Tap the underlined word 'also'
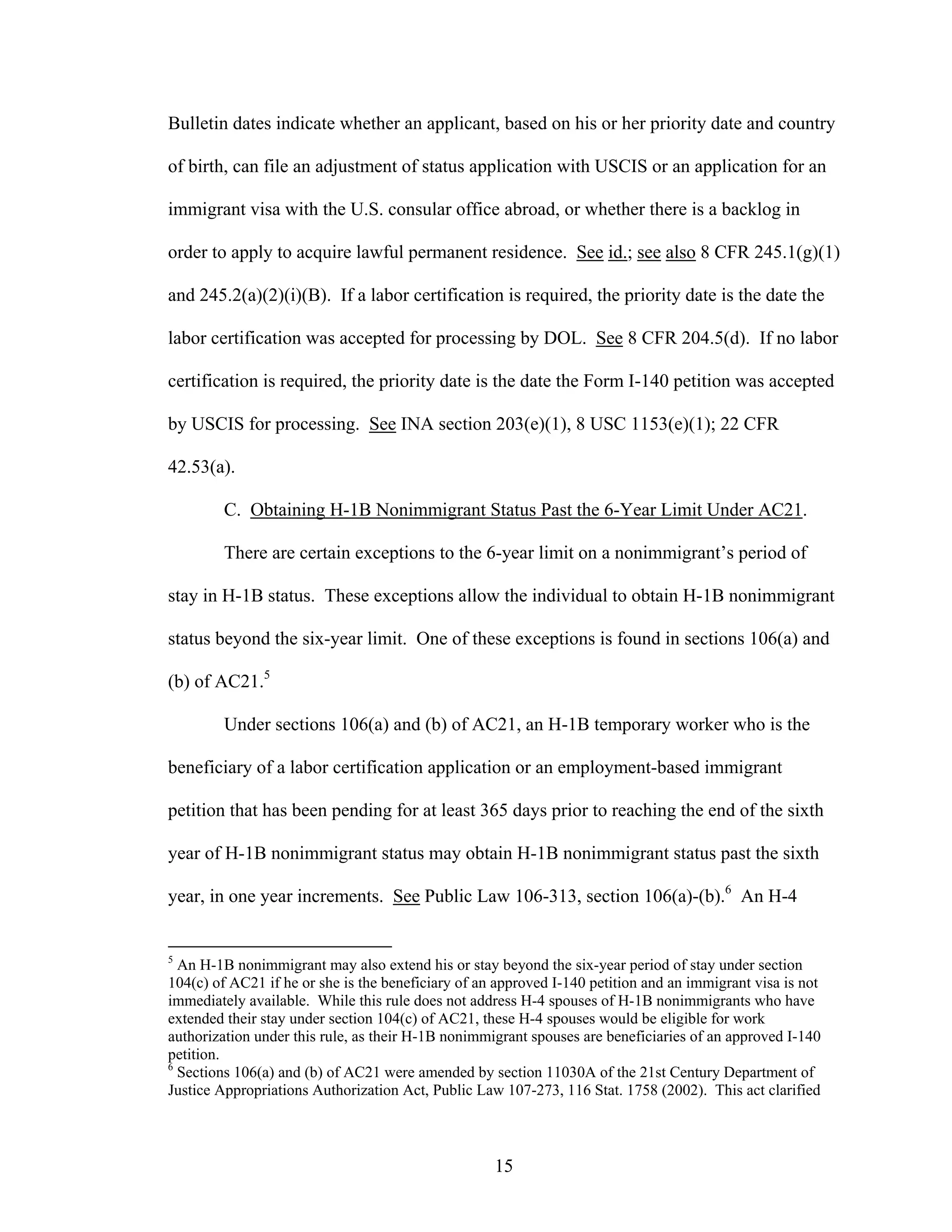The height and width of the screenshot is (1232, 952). pos(680,253)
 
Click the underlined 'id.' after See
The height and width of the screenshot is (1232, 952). pos(619,253)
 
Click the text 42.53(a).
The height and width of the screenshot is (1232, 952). pos(201,467)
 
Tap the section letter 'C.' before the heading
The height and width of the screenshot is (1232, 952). pos(232,510)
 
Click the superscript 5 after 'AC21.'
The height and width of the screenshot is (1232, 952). pos(267,675)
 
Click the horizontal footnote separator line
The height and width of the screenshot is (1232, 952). pos(279,946)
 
